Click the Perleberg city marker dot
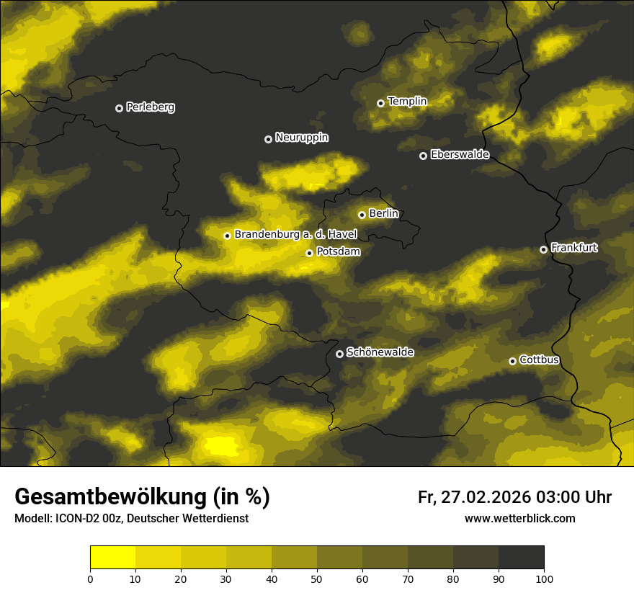click(119, 108)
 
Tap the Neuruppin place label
click(301, 138)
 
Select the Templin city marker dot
click(380, 103)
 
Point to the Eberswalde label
click(460, 154)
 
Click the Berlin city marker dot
click(362, 215)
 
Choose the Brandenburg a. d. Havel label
click(295, 234)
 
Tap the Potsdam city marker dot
click(309, 253)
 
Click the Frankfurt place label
click(574, 248)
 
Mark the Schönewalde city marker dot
click(339, 354)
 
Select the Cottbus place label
click(539, 360)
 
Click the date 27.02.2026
click(486, 497)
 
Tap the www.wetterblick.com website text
click(520, 518)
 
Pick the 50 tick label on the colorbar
click(317, 579)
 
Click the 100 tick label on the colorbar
click(544, 579)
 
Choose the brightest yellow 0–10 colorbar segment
click(112, 558)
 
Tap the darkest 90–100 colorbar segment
click(521, 558)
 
